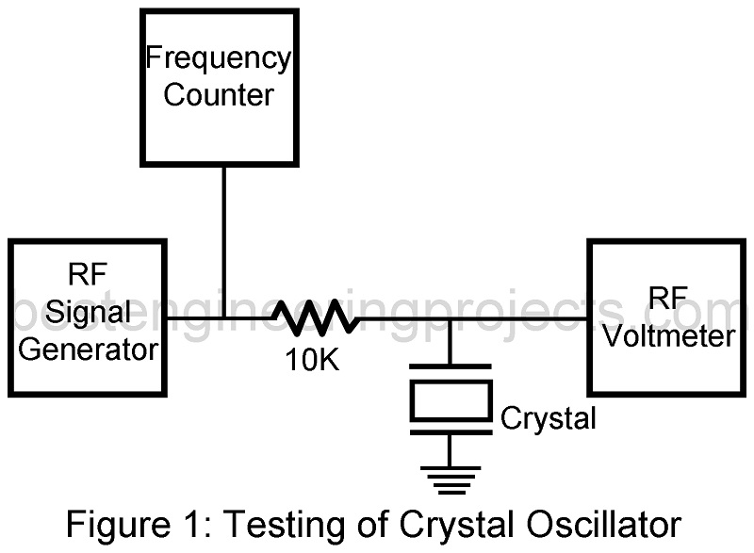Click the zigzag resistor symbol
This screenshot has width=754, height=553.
click(316, 318)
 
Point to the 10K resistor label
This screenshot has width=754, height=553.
click(313, 360)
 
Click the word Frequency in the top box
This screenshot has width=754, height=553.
click(218, 58)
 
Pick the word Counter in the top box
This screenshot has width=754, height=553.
click(219, 94)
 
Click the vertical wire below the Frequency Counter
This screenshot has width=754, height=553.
click(223, 240)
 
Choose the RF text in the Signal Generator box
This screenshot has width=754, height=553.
click(89, 277)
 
